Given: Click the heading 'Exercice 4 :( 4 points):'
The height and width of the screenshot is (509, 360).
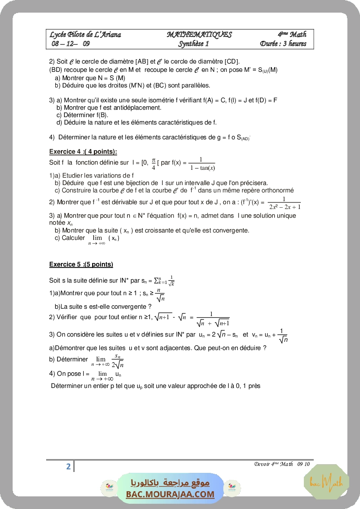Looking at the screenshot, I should coord(83,152).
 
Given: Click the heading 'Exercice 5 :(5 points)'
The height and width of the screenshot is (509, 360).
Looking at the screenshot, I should coord(81,264).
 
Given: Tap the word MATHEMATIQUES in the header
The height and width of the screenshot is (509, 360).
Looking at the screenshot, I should coord(199,35).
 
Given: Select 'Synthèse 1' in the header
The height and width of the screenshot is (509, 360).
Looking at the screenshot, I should coord(194,44).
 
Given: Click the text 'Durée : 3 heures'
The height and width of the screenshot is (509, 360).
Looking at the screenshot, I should coord(283,44).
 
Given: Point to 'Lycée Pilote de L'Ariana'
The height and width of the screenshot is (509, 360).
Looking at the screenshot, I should coord(85,35).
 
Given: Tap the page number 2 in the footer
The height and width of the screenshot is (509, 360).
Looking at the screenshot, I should coord(68,467).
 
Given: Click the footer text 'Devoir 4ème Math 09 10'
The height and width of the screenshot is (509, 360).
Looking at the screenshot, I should coord(282,464).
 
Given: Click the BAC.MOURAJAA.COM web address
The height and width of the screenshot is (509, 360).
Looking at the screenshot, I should coord(170,494).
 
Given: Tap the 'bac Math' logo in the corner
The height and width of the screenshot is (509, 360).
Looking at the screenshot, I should coord(326,482).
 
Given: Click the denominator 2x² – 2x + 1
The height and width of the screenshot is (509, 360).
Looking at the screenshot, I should coord(285,207).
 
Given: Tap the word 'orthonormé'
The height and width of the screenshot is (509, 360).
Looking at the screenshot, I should coord(278,190).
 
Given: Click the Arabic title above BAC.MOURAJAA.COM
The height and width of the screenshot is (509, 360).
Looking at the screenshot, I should coord(170,483).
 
